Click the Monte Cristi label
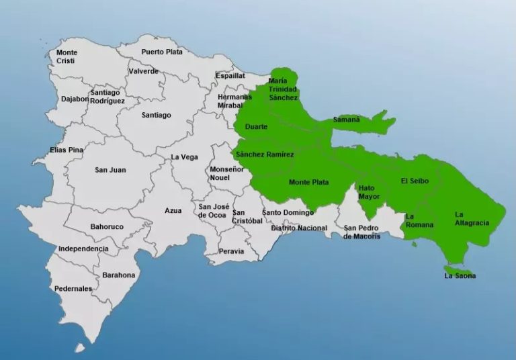coord(67,56)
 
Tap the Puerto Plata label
coord(162,52)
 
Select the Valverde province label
coord(143,71)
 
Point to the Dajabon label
coord(75,99)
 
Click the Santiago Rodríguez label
coord(107,97)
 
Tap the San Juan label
coord(110,170)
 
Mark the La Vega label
coord(185,157)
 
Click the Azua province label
coord(173,211)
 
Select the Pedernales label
coord(74,289)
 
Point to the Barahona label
coord(119,275)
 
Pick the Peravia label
coord(232,251)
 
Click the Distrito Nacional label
coord(299,228)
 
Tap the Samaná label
coord(347,120)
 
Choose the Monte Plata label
coord(308,182)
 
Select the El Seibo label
coord(414,181)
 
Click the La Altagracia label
coord(471,218)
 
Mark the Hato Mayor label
coord(369,192)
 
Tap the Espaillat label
coord(230,77)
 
